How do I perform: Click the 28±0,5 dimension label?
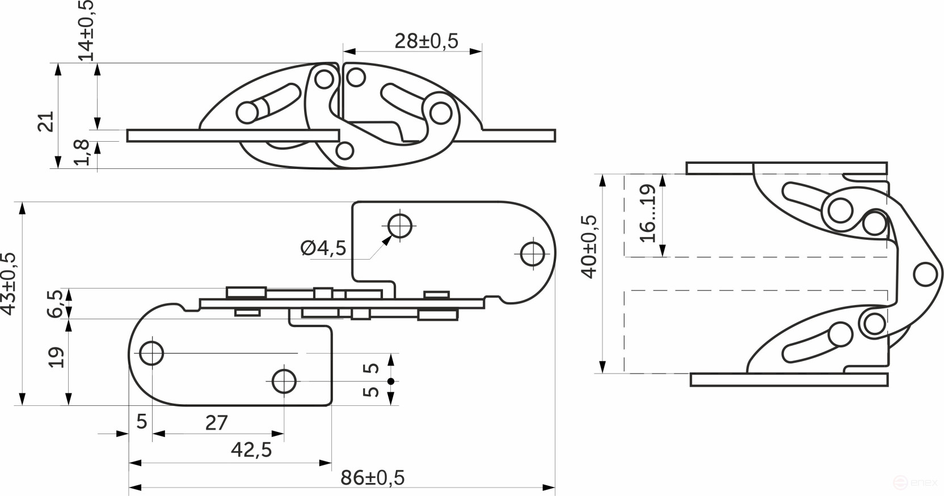click(426, 41)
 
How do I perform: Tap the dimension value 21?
click(45, 122)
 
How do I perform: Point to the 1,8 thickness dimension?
click(82, 152)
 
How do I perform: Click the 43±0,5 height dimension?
click(8, 283)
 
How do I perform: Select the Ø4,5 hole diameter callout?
click(323, 248)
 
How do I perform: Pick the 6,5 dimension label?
click(55, 303)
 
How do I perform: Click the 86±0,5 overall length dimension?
click(372, 478)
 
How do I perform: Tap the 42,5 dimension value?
click(251, 450)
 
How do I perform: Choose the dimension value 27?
click(216, 423)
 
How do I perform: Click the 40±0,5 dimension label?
click(589, 247)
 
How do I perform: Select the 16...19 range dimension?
click(647, 213)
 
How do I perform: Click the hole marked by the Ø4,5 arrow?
click(401, 226)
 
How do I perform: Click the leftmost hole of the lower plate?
click(151, 353)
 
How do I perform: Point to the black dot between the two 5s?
click(390, 381)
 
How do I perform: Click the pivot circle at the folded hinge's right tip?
click(925, 274)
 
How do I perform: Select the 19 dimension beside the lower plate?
click(56, 357)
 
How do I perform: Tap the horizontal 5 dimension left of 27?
click(142, 422)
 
